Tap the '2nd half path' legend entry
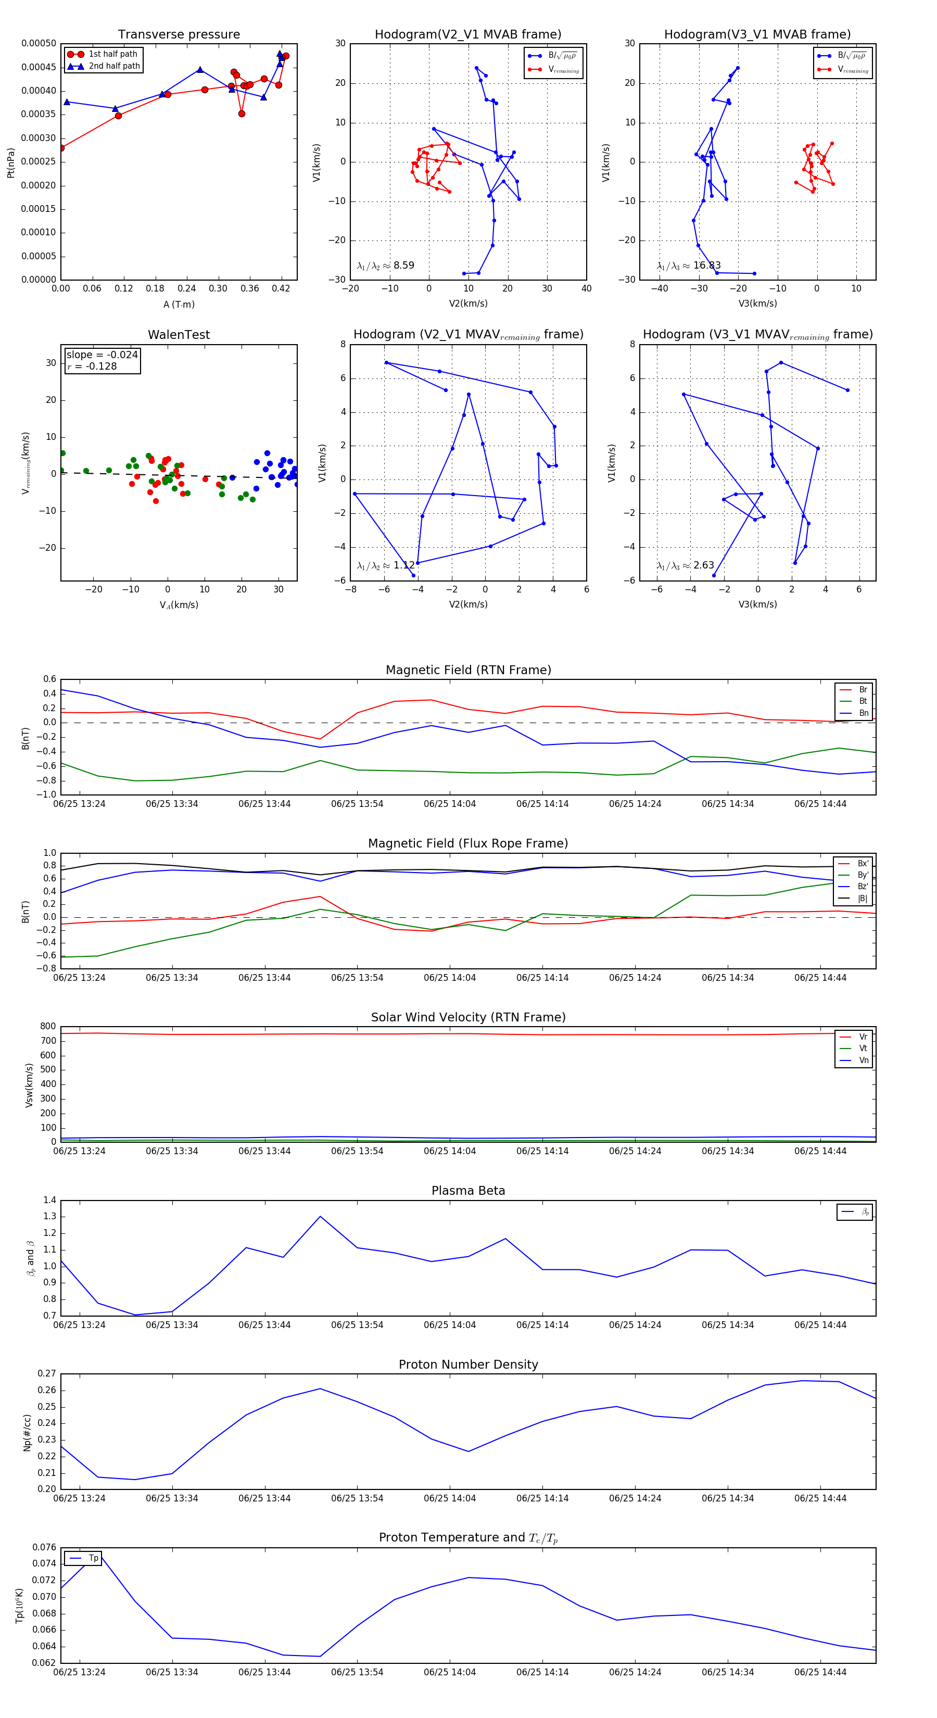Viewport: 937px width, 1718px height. [x=114, y=66]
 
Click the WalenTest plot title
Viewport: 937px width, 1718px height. [x=179, y=335]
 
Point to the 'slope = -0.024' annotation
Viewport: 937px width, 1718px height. [x=102, y=355]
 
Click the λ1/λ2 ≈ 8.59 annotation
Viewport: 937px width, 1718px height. [x=385, y=266]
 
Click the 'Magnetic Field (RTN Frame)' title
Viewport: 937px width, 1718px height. [x=468, y=670]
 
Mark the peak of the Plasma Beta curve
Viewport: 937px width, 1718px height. [x=320, y=1217]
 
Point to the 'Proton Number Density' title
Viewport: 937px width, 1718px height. [x=468, y=1365]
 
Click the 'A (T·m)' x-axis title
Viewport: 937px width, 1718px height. [x=179, y=305]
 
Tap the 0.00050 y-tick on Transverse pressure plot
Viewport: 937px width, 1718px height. [x=39, y=43]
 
